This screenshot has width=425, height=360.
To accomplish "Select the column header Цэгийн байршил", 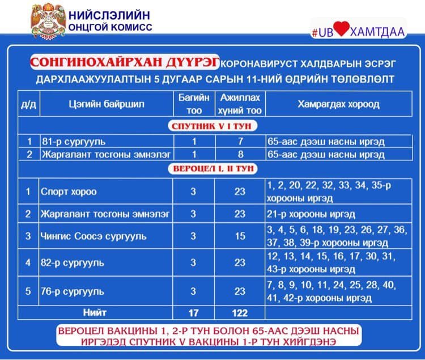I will (106, 104).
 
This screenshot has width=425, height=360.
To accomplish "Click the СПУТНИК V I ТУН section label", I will (211, 125).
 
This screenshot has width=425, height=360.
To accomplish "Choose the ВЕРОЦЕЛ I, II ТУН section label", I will (211, 168).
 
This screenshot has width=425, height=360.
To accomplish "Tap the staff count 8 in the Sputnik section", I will (240, 154).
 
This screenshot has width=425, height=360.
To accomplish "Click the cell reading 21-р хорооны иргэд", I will (311, 214).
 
